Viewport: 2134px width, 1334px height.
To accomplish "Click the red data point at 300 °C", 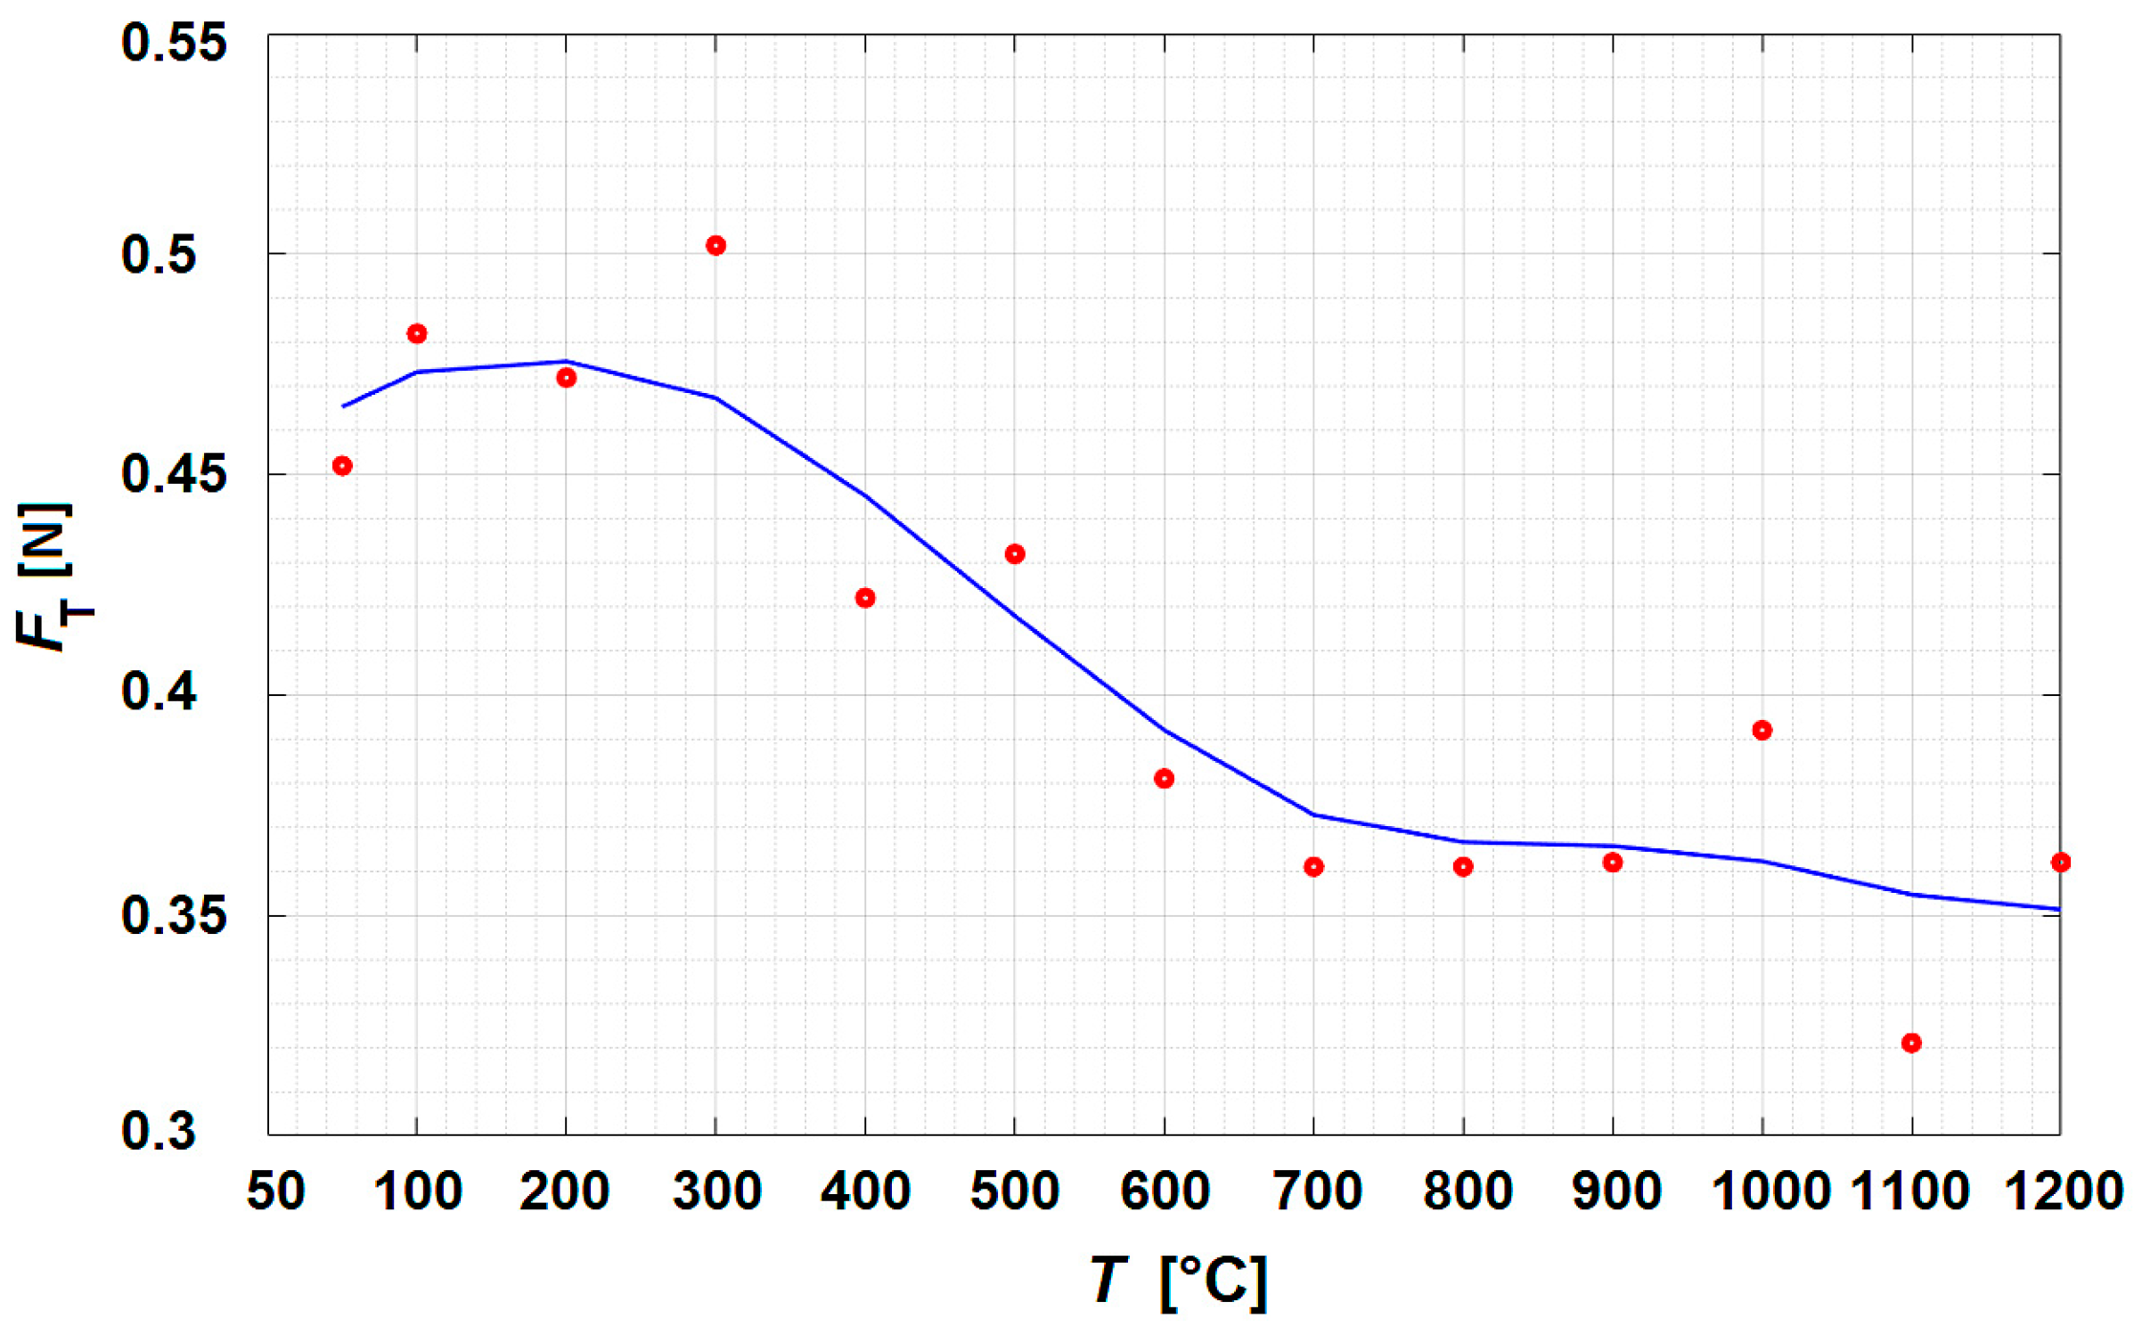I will [715, 245].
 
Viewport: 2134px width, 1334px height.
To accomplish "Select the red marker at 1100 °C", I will [1911, 1043].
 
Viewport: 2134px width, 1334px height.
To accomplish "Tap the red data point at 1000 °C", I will [1762, 730].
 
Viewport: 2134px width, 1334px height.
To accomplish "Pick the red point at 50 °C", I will [342, 465].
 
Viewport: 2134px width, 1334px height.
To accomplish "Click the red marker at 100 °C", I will [417, 333].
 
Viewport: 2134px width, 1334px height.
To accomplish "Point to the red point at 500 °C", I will [1015, 553].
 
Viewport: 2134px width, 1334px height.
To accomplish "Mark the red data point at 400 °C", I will [865, 597].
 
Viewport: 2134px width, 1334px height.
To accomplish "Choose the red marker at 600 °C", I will [1164, 778].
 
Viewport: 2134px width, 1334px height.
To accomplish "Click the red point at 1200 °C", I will [2060, 862].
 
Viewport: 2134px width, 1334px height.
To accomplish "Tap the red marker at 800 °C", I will [1463, 866].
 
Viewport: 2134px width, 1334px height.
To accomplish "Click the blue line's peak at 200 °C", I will [566, 361].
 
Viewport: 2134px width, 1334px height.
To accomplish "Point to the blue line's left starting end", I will [344, 406].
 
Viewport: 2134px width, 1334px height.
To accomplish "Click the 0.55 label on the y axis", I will [174, 43].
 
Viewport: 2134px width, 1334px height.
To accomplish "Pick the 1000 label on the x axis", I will [1770, 1191].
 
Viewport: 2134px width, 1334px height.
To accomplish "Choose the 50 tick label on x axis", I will [275, 1191].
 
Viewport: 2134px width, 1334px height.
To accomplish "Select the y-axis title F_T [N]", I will [53, 577].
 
